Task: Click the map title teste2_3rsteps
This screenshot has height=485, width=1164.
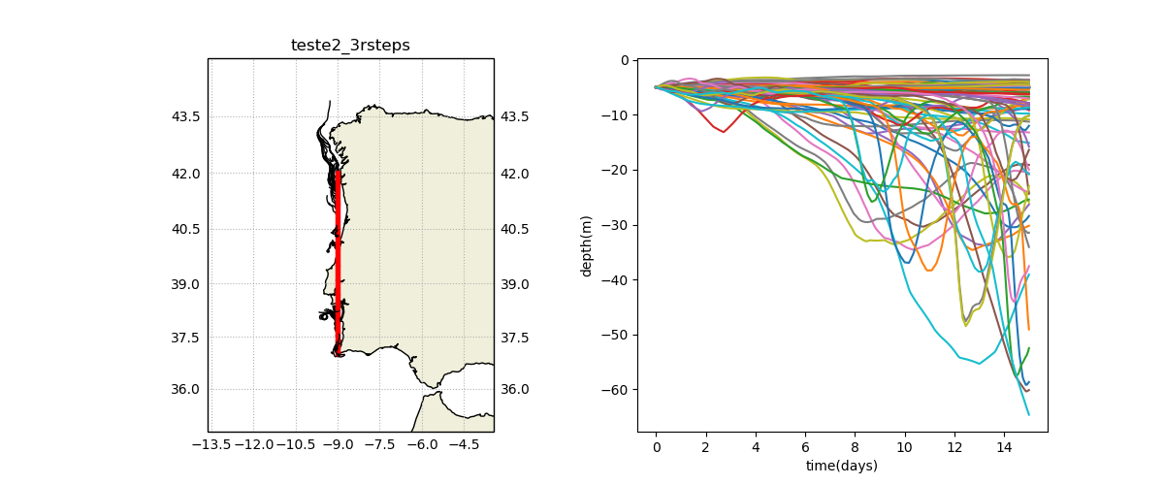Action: tap(350, 46)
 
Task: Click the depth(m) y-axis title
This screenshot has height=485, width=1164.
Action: tap(586, 246)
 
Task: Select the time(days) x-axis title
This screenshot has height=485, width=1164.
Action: tap(842, 466)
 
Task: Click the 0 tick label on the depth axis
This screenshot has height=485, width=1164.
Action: tap(625, 60)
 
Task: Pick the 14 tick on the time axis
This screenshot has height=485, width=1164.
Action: tap(1005, 447)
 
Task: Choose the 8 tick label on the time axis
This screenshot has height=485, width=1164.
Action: tap(856, 447)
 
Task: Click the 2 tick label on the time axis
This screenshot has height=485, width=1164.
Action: tap(706, 447)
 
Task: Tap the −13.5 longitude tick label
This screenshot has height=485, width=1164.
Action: tap(211, 445)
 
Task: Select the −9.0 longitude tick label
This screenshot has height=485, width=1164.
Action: tap(338, 445)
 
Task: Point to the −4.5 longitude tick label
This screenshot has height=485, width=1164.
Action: tap(464, 445)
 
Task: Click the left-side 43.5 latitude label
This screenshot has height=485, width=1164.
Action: tap(185, 117)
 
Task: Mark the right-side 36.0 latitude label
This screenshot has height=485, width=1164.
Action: tap(515, 389)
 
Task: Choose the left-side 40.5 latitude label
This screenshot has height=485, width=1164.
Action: tap(185, 229)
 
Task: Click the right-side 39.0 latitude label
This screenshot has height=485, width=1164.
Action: tap(515, 284)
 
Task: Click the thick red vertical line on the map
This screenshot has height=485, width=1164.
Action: tap(338, 263)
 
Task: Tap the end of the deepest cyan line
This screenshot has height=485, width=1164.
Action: tap(1029, 415)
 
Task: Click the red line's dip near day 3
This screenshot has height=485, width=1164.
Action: tap(724, 132)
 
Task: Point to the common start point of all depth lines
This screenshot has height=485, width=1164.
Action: tap(656, 87)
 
